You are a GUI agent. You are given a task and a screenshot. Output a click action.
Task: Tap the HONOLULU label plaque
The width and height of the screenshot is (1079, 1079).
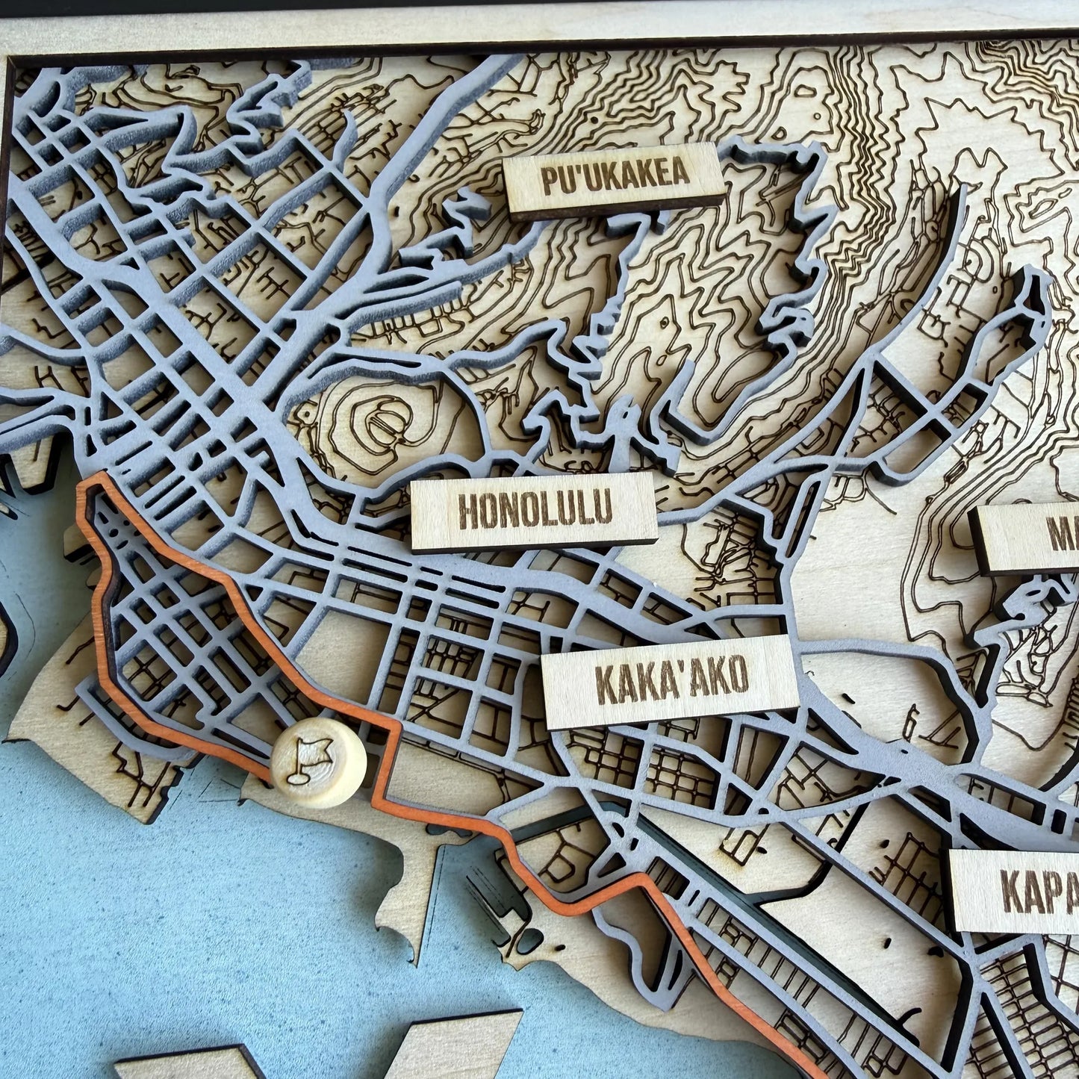point(534,511)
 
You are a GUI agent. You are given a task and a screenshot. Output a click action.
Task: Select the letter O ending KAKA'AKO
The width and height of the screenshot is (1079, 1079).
point(735,676)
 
